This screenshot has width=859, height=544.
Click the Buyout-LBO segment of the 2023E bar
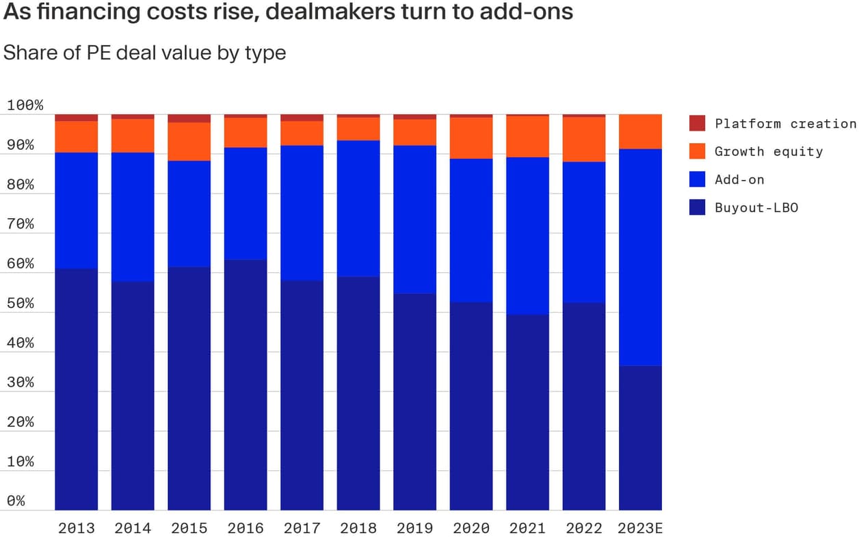640,438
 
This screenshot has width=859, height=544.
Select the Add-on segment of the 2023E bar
640,257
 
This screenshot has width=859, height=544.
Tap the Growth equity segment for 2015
189,142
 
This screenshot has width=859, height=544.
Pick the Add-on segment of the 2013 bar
77,211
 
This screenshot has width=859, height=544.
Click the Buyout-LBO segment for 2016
246,385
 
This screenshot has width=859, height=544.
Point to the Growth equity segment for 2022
584,140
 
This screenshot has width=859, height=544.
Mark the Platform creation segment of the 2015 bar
189,118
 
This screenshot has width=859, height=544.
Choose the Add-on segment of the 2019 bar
414,220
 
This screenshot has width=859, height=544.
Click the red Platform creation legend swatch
697,124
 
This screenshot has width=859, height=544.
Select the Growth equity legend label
769,152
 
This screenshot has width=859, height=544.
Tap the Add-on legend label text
739,180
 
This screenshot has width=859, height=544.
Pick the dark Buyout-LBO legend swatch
697,208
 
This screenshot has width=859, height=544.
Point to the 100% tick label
25,106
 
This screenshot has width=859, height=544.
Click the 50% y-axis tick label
21,304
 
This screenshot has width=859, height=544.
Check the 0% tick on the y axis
17,502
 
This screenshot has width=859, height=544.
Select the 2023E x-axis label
640,528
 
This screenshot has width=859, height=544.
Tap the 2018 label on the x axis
358,528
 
